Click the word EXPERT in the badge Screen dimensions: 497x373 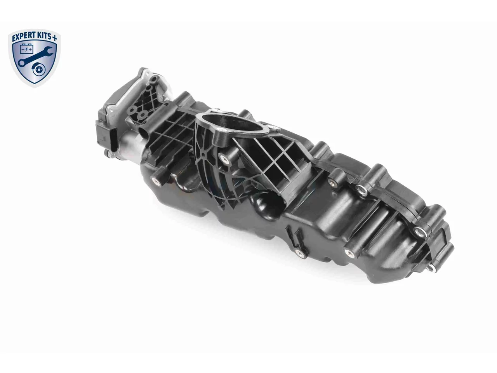coord(24,37)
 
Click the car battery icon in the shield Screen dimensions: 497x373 coord(27,49)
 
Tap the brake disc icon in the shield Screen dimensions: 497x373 coord(38,70)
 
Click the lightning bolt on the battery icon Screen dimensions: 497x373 coord(27,49)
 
